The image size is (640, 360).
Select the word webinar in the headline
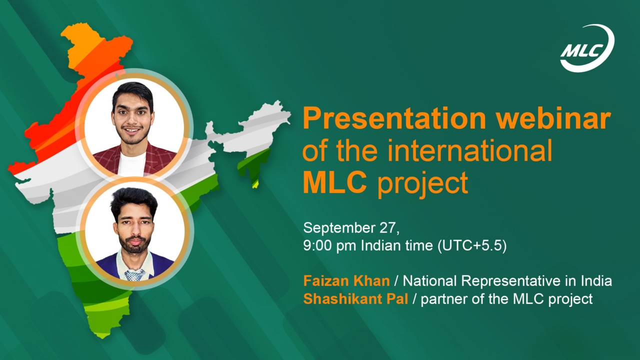pos(553,118)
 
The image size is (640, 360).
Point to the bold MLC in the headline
pos(335,182)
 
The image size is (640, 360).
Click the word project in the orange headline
pos(423,184)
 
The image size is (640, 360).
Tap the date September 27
pos(351,228)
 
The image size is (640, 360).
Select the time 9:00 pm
pos(329,245)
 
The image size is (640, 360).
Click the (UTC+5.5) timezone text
pos(472,245)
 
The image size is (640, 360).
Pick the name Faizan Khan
pos(346,281)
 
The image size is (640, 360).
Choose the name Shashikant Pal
pos(355,299)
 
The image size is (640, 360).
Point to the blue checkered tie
pos(135,275)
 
